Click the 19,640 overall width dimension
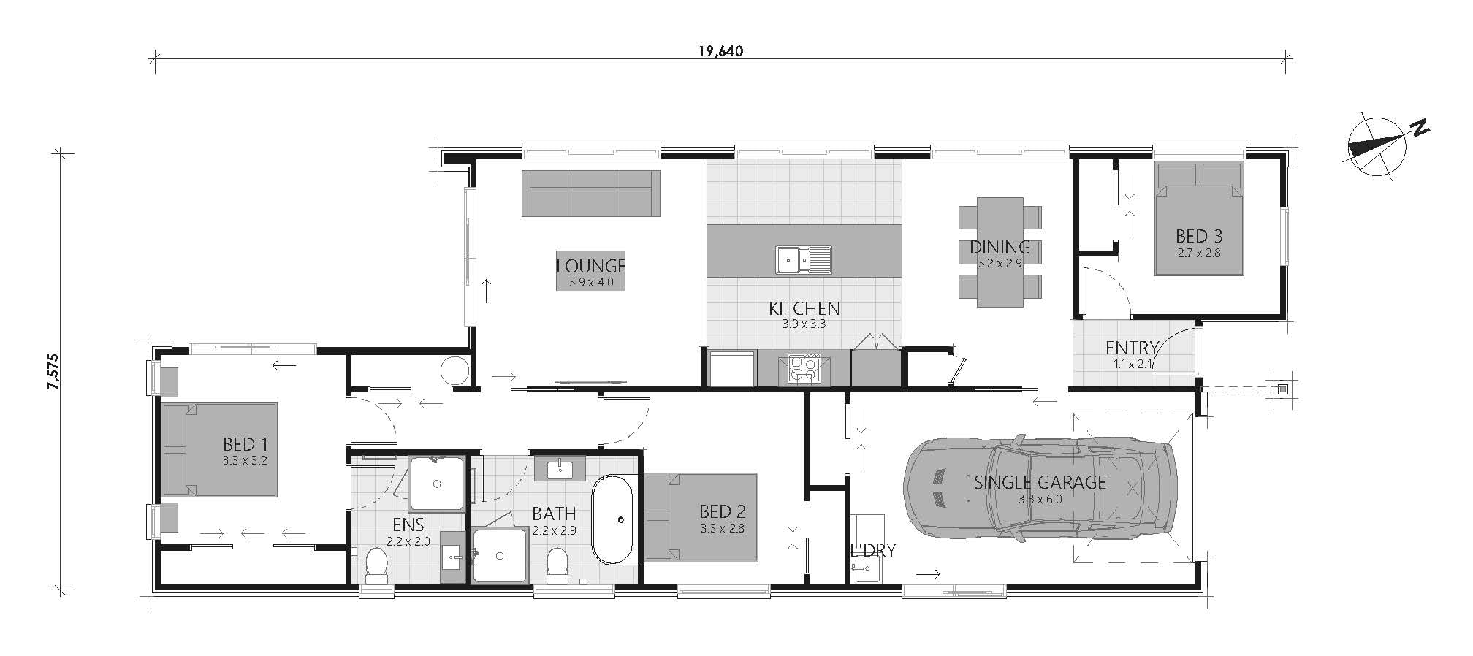click(720, 51)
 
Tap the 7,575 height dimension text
click(53, 373)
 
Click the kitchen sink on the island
click(803, 259)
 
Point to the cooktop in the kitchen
click(804, 368)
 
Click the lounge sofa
click(590, 194)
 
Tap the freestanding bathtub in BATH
click(612, 519)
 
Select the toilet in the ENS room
click(376, 566)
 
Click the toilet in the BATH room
click(557, 567)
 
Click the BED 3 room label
click(1198, 236)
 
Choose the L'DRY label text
click(873, 550)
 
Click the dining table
click(1000, 251)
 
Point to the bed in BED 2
click(701, 518)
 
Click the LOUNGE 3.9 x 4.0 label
click(590, 272)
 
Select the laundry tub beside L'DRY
click(867, 548)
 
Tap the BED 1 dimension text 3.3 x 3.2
click(245, 461)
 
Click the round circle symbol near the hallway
click(454, 370)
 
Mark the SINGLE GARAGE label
click(1040, 482)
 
